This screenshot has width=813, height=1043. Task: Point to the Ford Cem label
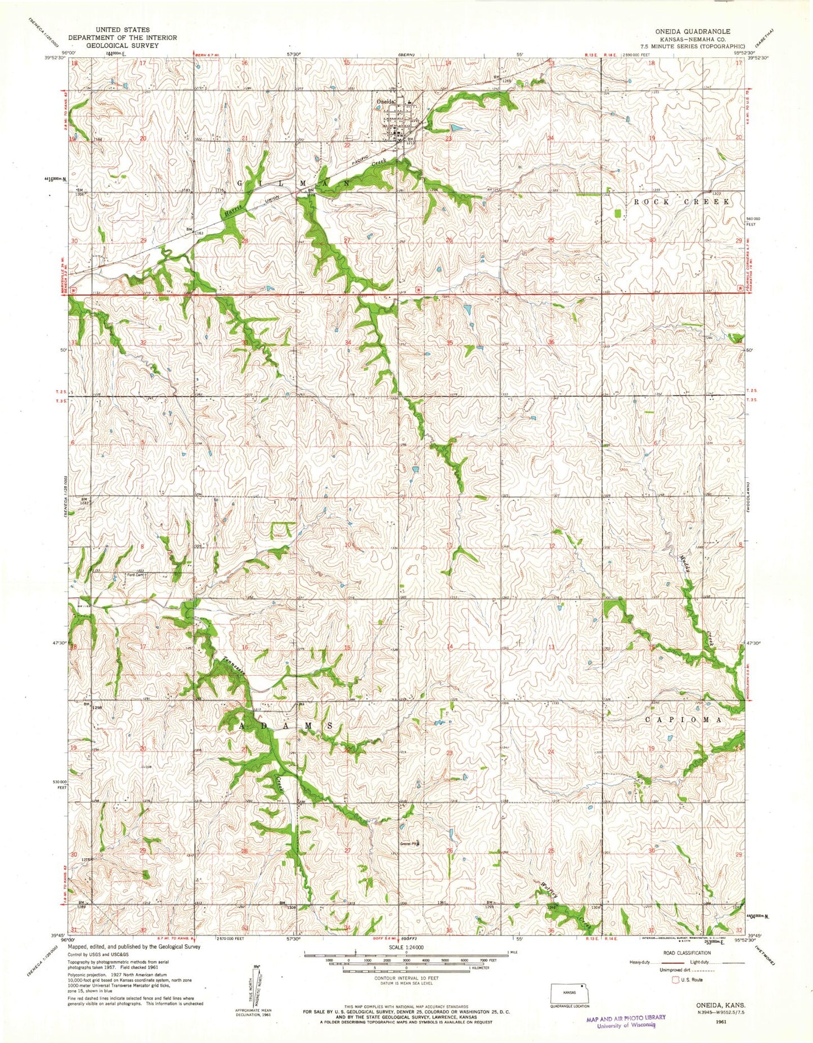tap(136, 575)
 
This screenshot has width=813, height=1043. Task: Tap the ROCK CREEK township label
tap(681, 201)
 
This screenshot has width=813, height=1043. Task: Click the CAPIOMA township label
tap(683, 720)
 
